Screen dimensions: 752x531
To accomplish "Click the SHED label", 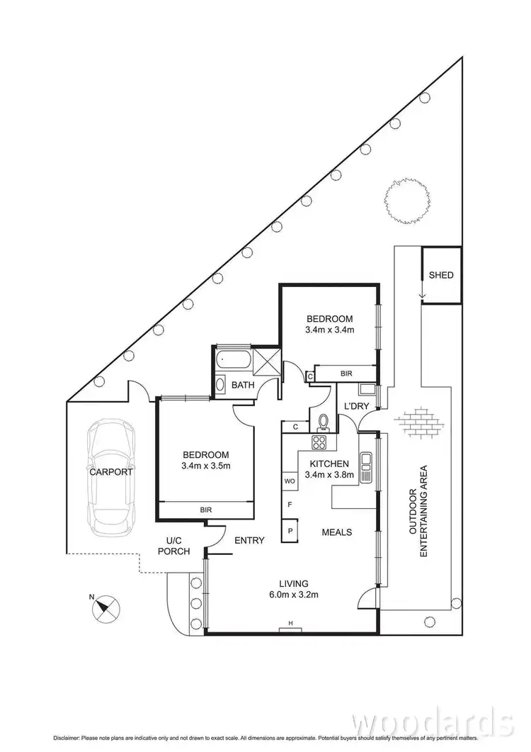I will click(441, 275).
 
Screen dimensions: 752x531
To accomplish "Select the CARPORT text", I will click(111, 471).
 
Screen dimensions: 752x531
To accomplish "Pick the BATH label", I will click(244, 386).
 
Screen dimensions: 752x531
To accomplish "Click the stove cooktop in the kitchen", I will click(319, 444).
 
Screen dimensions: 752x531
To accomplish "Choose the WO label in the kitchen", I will click(290, 481).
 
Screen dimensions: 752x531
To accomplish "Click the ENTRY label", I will click(249, 541).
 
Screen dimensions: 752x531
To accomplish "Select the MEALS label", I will click(337, 532).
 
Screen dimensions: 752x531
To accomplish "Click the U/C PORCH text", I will click(173, 545).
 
